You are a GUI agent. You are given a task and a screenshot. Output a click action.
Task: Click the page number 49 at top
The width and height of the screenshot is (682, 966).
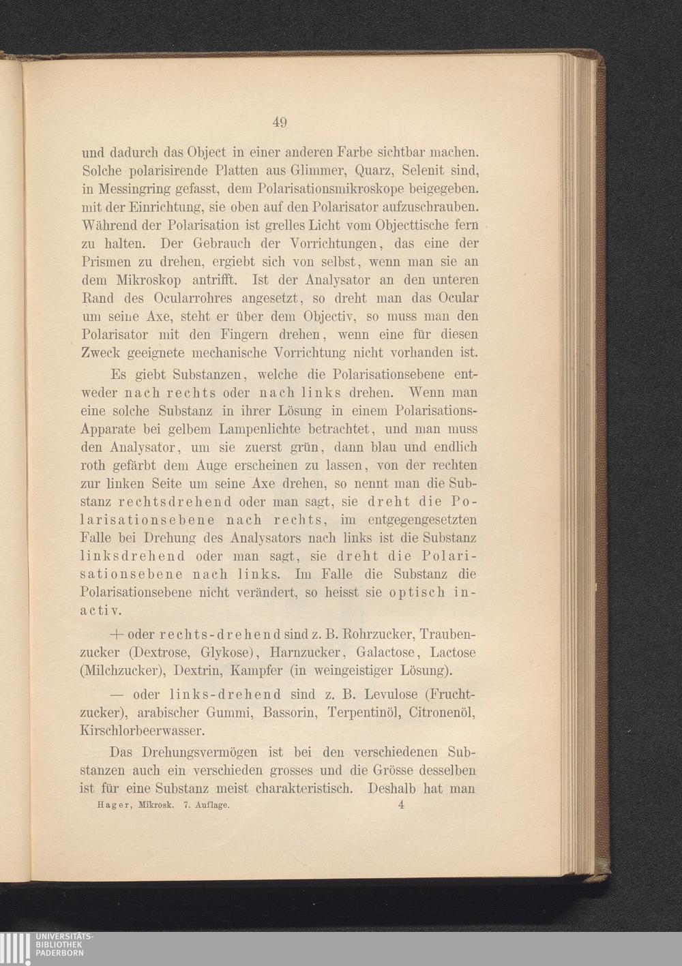[x=279, y=123]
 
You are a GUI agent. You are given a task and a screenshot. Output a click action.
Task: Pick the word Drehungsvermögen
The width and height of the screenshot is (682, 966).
[x=208, y=754]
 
